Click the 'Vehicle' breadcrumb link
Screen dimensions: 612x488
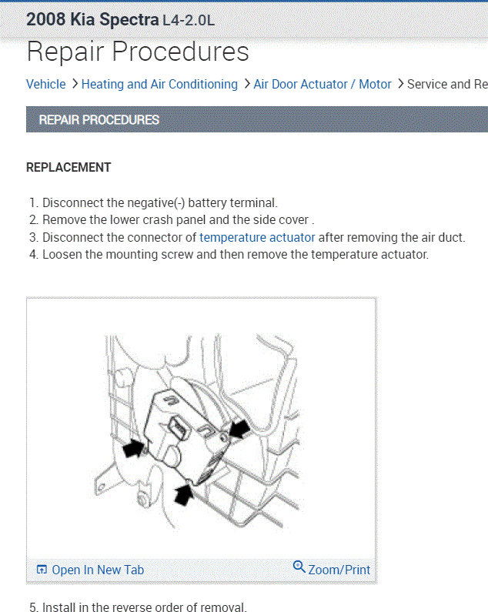coord(46,84)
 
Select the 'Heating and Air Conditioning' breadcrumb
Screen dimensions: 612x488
coord(159,84)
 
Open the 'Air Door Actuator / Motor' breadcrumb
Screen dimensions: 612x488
coord(323,84)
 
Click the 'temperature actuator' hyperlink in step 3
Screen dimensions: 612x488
coord(257,237)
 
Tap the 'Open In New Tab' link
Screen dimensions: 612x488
coord(98,570)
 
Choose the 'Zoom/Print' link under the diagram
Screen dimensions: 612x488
coord(339,570)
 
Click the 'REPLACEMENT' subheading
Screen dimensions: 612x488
coord(69,167)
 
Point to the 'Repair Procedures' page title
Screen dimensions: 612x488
coord(138,52)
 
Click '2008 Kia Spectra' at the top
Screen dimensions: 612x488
coord(92,20)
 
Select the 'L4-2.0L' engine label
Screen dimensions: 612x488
coord(189,21)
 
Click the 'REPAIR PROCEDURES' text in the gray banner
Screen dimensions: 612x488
coord(99,120)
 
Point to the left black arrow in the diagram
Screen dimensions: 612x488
coord(134,447)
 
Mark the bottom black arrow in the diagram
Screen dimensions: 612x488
coord(183,494)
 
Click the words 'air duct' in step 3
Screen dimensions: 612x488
coord(442,237)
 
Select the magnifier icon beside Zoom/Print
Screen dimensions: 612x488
coord(299,567)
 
